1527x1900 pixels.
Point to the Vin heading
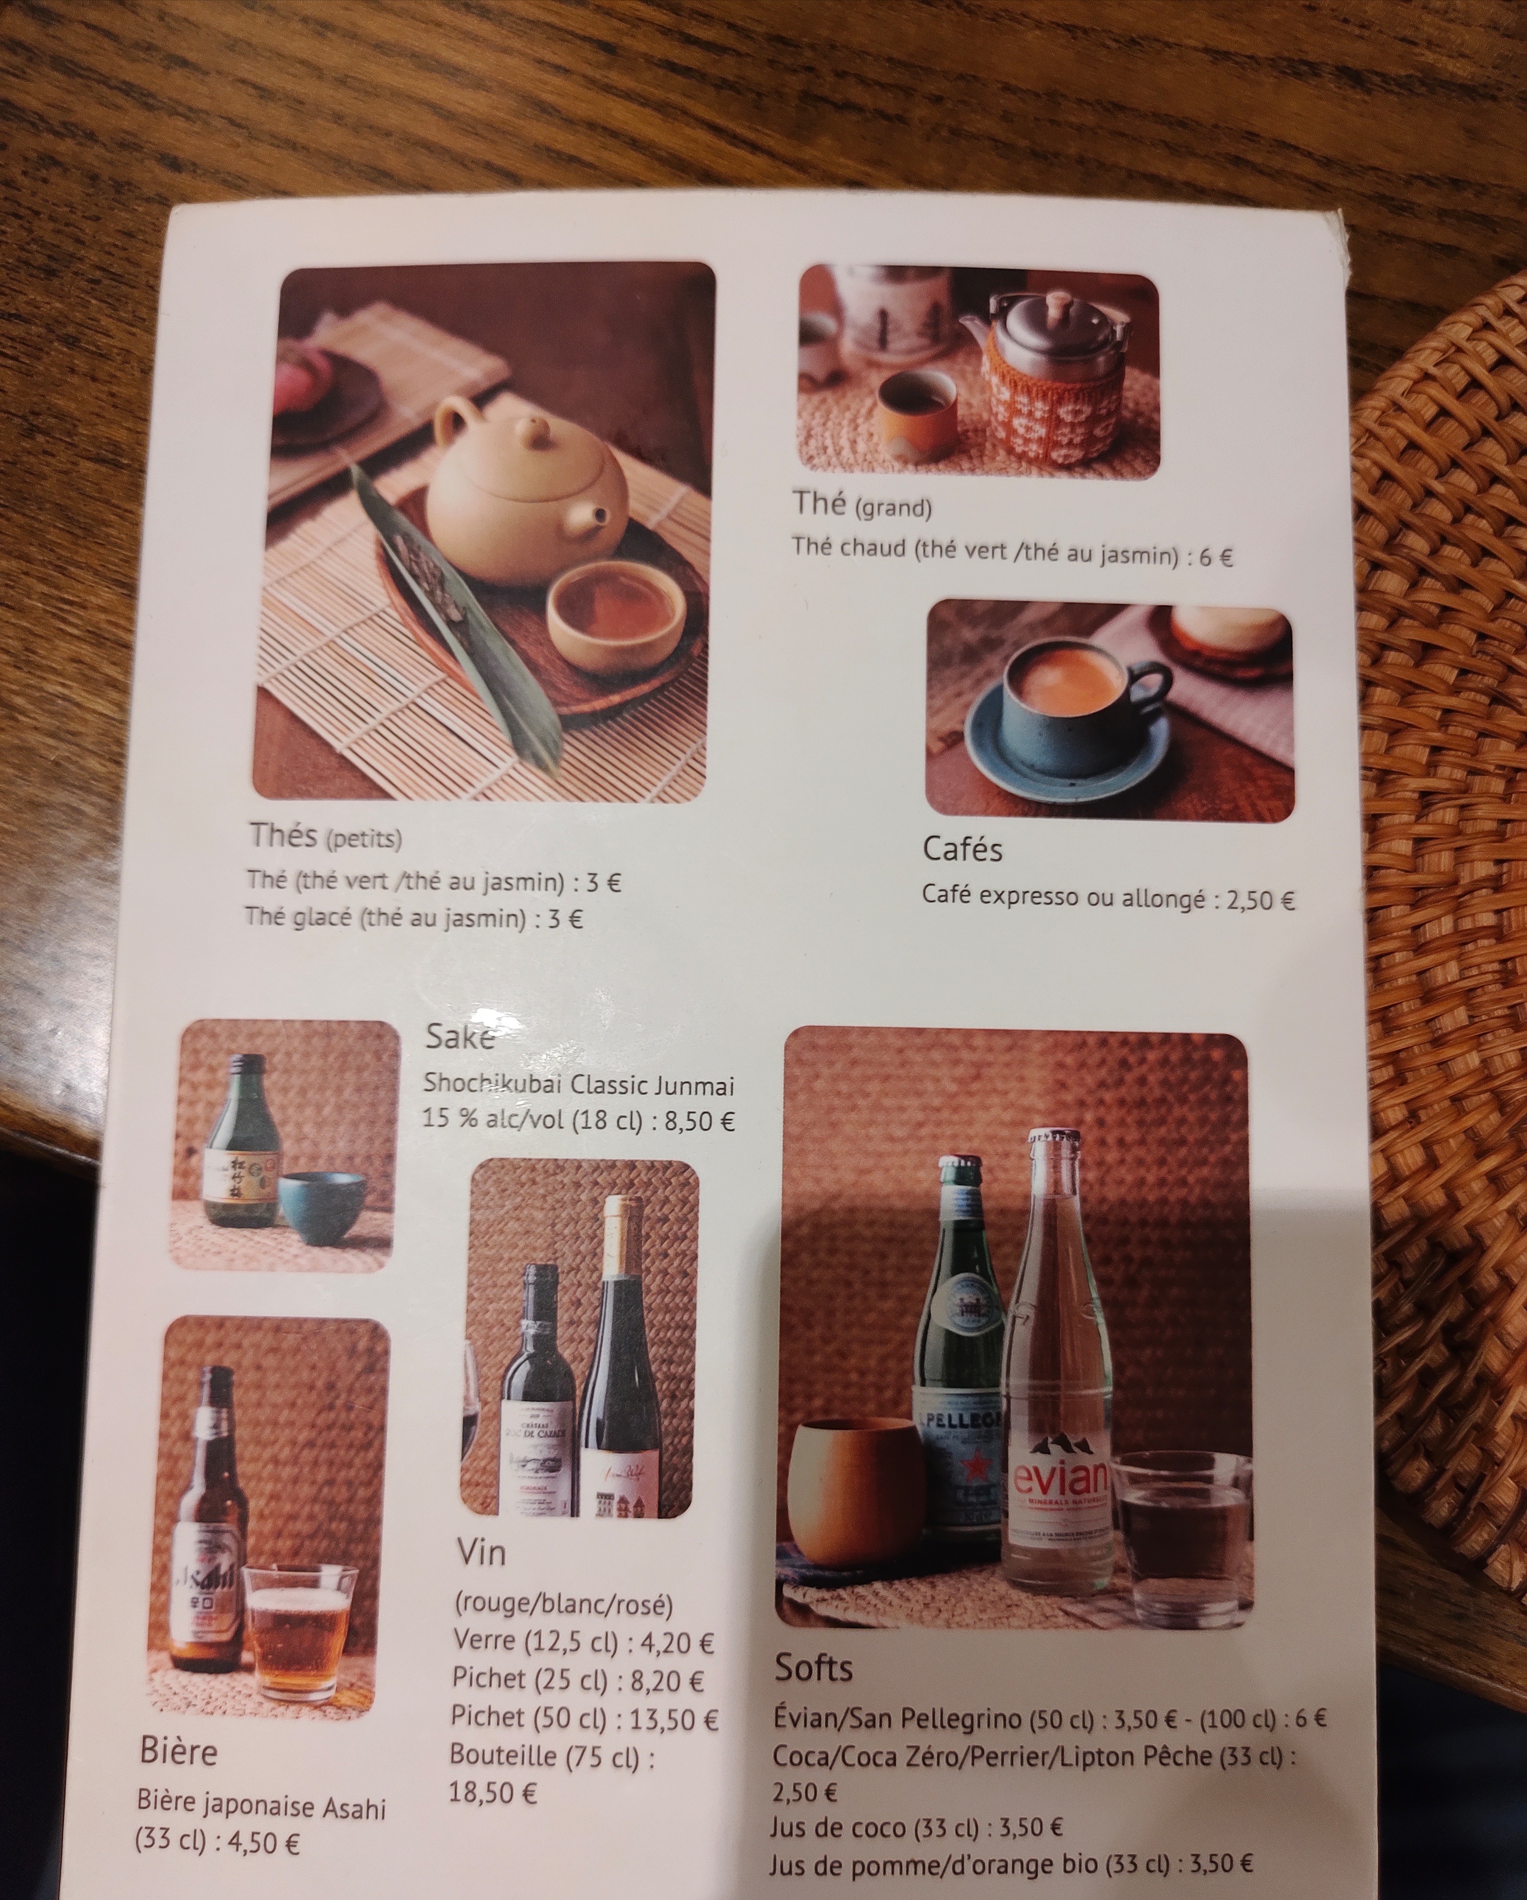481,1504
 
